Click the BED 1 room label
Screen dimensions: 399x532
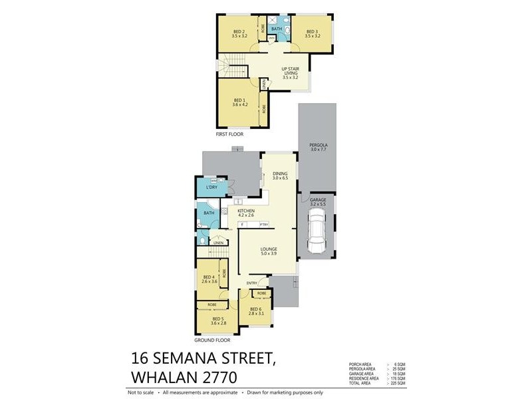239,102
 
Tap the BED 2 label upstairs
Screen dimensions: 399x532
239,33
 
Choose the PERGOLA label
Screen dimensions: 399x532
317,147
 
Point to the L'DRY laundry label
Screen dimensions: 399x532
212,188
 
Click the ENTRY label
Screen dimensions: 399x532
252,283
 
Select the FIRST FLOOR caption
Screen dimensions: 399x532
229,134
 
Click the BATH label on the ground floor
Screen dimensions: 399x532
208,213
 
